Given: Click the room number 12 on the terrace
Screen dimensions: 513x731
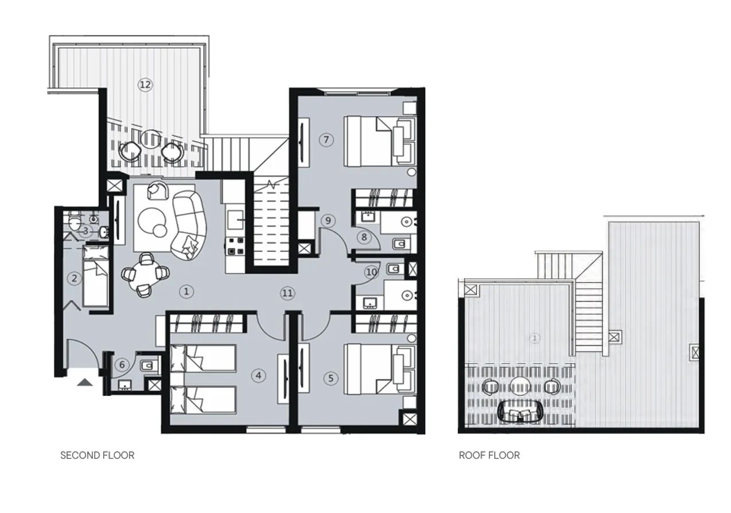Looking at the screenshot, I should coord(145,85).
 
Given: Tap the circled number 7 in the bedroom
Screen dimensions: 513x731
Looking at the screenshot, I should coord(325,139).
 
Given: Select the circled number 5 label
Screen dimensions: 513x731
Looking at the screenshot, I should coord(330,378).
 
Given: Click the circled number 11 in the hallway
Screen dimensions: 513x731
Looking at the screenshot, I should coord(287,293).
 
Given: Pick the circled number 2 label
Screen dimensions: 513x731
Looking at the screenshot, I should coord(74,279).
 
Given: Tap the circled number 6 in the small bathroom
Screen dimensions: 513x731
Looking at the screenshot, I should coord(121,364).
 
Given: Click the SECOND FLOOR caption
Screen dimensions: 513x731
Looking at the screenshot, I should coord(97,455).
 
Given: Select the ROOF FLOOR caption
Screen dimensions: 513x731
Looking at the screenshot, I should coord(489,455).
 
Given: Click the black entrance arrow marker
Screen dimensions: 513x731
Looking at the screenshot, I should coord(84,382).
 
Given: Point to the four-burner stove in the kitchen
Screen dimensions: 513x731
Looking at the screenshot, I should coord(234,246).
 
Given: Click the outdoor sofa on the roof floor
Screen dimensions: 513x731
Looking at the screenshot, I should coord(522,411).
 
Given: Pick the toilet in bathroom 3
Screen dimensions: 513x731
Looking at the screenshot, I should coord(73,220).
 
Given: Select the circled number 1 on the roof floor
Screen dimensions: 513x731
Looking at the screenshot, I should coord(535,338).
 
